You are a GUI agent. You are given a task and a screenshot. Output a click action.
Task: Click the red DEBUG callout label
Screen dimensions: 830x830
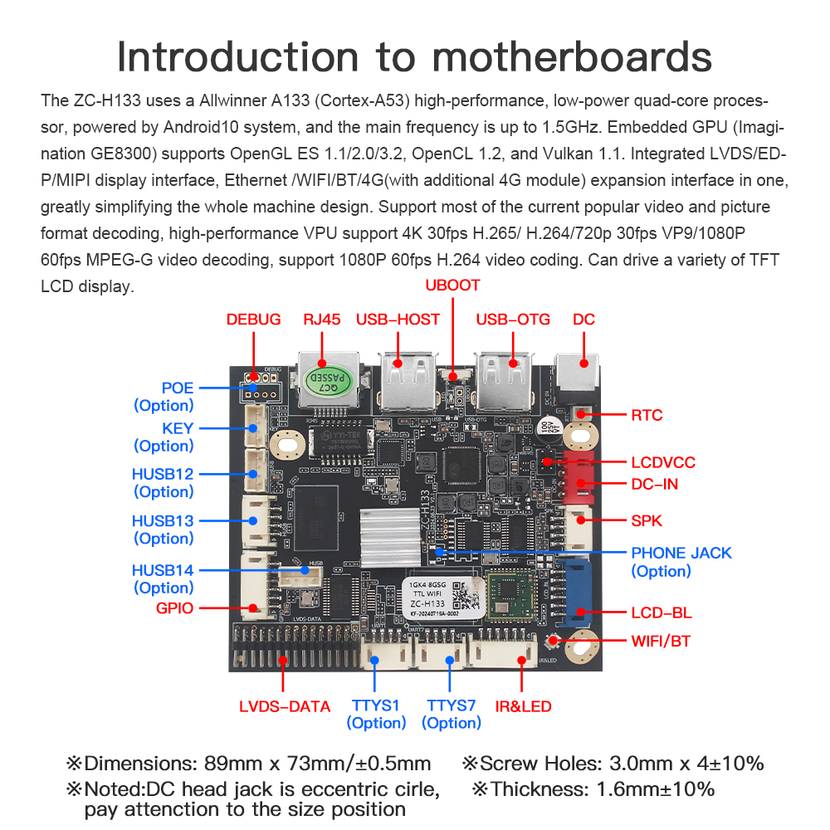[x=253, y=320]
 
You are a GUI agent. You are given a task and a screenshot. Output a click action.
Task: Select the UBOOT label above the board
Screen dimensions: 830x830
[x=452, y=285]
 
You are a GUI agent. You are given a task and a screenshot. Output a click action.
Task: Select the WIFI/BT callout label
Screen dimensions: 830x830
[x=662, y=641]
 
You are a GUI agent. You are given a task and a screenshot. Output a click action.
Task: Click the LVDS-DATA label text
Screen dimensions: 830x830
[x=285, y=706]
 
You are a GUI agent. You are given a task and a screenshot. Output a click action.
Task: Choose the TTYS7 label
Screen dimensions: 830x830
[x=451, y=705]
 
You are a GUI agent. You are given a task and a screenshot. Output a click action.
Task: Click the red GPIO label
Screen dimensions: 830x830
[x=174, y=608]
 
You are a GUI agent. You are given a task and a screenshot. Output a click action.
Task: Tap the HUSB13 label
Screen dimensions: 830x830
[x=163, y=521]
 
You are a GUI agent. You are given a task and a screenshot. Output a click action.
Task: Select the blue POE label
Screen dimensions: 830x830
[x=177, y=388]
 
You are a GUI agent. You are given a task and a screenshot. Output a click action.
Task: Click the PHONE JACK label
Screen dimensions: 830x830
[x=681, y=553]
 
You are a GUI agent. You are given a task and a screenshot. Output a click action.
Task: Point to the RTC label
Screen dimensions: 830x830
[x=647, y=415]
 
